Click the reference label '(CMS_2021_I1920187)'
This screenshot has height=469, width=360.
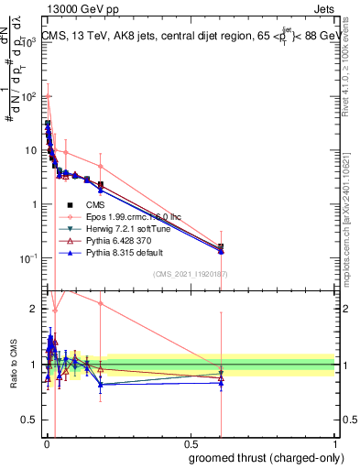pyautogui.click(x=190, y=273)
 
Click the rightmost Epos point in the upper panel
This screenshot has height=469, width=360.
pyautogui.click(x=220, y=245)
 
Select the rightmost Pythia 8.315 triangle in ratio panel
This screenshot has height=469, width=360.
pyautogui.click(x=220, y=382)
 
